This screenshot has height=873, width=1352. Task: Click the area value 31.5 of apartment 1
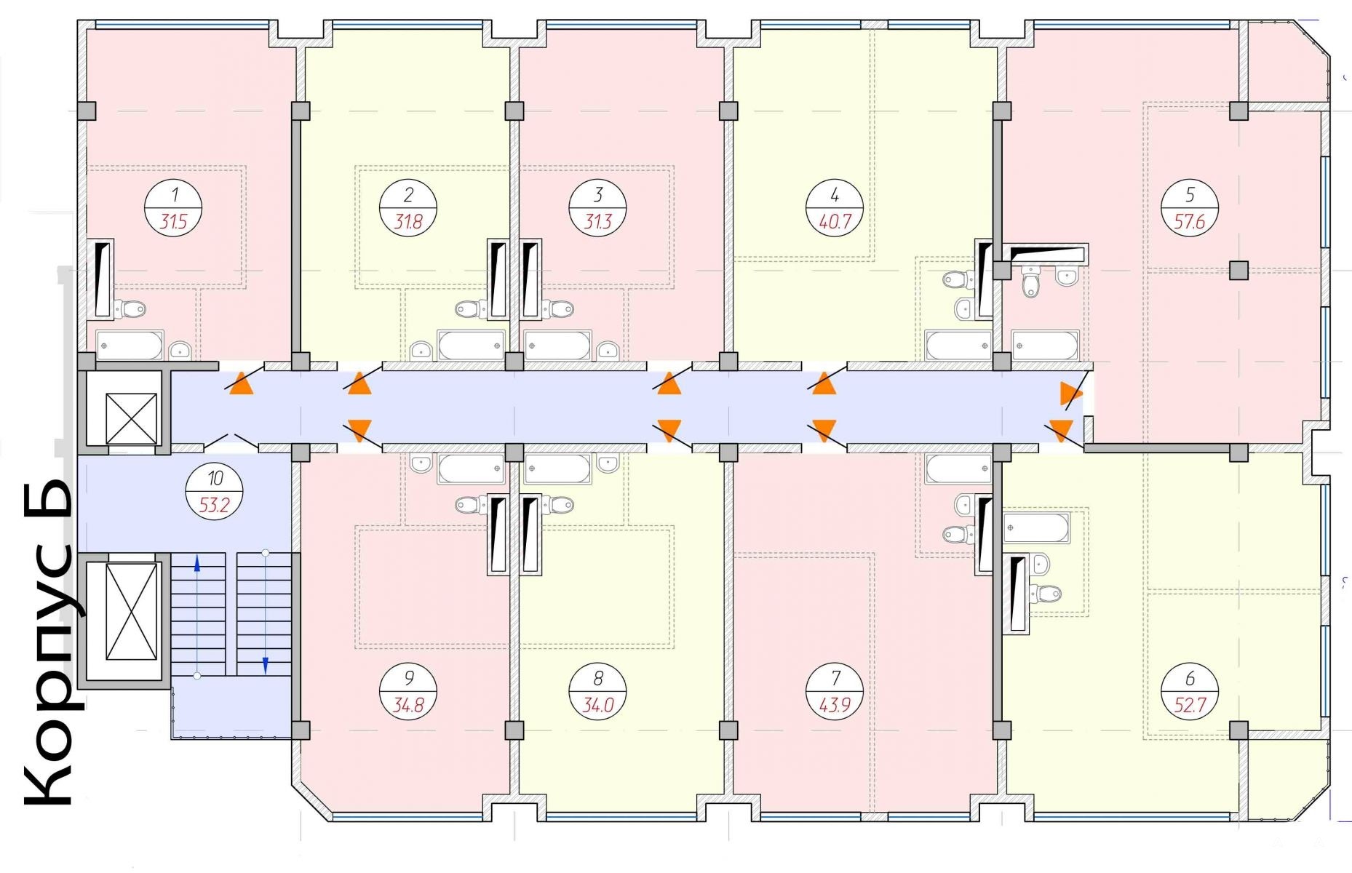coord(173,221)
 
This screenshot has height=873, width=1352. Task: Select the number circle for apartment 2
coord(408,207)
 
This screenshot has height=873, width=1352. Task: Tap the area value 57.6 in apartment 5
coord(1190,221)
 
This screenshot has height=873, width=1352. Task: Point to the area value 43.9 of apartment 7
coord(835,705)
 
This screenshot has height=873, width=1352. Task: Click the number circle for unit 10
coord(215,491)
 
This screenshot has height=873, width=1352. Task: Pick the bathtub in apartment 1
coord(130,345)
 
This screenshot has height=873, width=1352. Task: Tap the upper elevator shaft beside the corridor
coord(131,418)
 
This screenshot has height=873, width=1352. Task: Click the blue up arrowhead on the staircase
coord(197,562)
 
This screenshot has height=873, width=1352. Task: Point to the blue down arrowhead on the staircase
coord(266,665)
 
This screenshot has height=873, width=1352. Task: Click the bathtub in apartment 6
coord(1036,527)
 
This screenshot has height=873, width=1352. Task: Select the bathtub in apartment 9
coord(471,469)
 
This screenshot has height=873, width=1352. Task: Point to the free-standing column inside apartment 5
coord(1239,271)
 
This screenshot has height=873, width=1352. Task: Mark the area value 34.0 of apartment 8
coord(598,705)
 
